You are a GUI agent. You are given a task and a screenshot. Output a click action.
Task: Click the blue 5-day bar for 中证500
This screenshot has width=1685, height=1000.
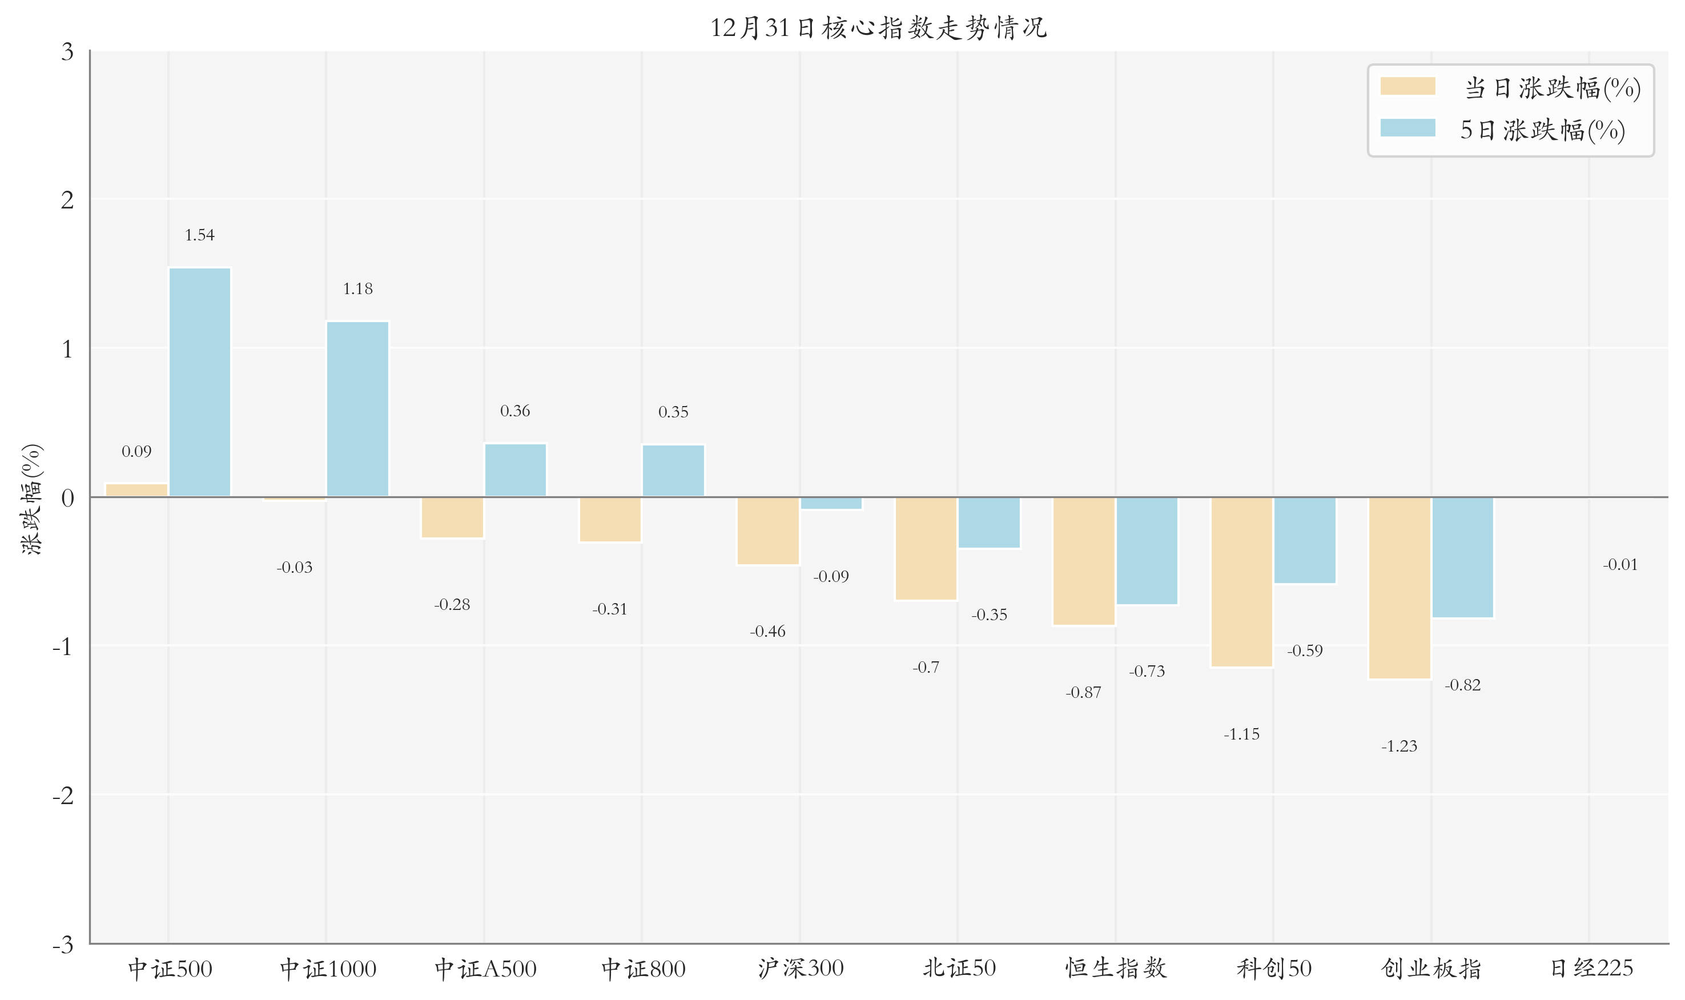click(199, 382)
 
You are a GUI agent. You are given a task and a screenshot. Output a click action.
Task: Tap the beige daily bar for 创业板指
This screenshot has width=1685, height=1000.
click(1399, 588)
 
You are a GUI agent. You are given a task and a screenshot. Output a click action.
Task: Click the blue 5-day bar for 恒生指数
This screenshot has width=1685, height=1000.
click(1147, 551)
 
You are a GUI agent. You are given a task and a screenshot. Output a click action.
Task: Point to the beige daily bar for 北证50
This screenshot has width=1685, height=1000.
click(926, 548)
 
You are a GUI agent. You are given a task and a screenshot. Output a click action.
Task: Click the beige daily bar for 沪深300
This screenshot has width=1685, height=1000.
click(768, 531)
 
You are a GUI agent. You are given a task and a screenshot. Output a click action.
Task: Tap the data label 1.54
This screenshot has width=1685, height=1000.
click(199, 235)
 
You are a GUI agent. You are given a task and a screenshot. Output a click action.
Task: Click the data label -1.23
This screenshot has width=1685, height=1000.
click(1399, 746)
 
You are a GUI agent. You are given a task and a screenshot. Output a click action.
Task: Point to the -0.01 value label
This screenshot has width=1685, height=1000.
click(1620, 565)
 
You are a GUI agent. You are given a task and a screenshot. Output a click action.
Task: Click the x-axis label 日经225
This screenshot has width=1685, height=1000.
click(1591, 969)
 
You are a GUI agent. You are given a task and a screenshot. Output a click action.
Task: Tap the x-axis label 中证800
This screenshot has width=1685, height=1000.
click(643, 969)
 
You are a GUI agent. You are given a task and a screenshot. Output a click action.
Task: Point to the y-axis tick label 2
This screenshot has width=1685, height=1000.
click(67, 200)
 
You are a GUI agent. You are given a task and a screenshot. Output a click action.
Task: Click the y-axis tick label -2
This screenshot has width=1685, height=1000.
click(63, 796)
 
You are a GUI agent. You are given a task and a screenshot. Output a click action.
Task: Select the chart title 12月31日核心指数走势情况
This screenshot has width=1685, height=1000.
click(879, 27)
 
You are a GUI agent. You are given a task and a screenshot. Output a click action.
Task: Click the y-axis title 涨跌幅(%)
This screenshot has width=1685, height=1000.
click(31, 499)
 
